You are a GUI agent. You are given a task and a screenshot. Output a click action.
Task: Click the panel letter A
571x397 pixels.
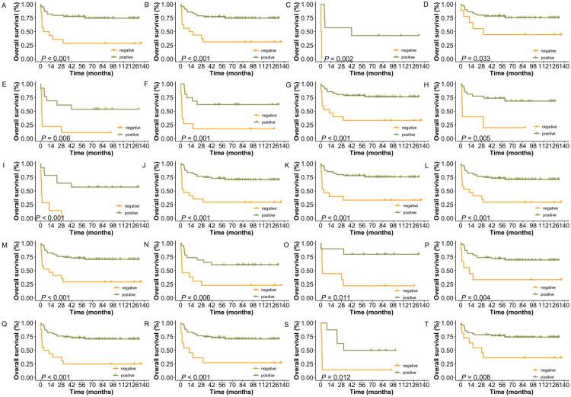coord(5,5)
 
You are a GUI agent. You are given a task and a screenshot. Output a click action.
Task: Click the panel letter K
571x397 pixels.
coord(290,164)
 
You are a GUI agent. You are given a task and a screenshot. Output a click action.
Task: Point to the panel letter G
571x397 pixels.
coord(290,84)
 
